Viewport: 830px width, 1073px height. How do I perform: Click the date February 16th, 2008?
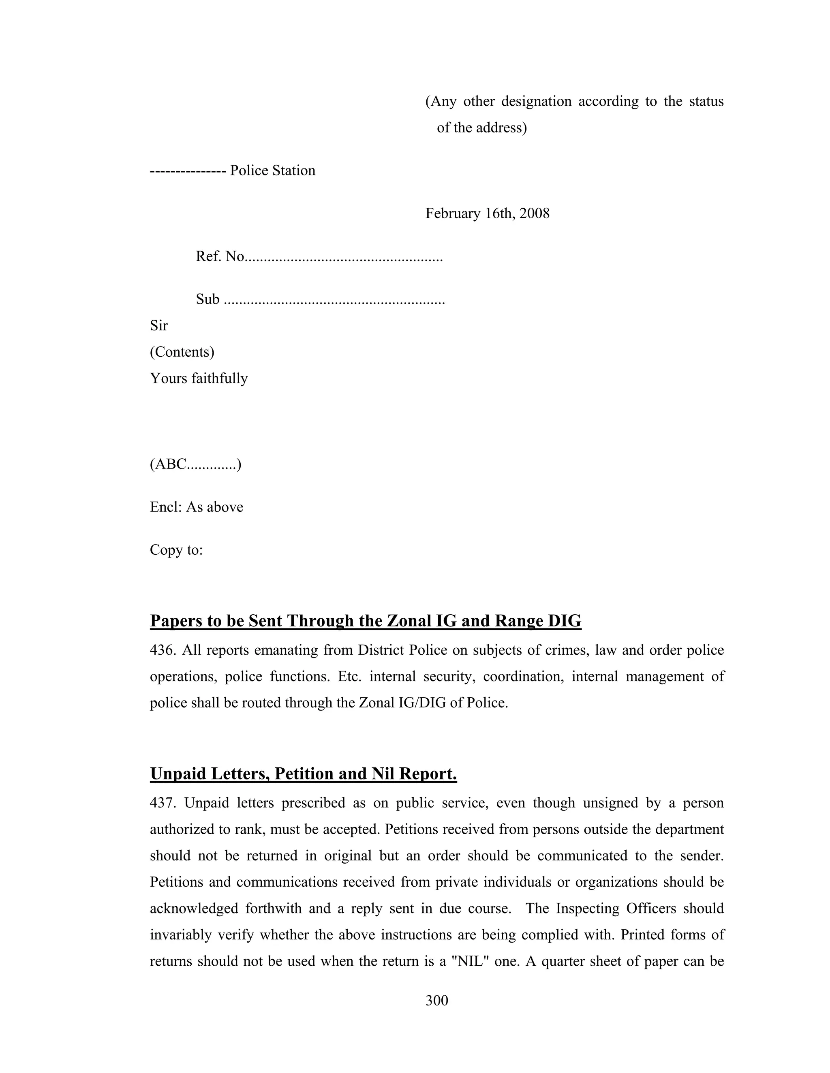coord(487,213)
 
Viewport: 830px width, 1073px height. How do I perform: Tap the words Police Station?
coord(272,170)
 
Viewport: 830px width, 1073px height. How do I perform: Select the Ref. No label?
coord(220,256)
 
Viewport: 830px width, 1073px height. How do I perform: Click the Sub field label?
coord(207,299)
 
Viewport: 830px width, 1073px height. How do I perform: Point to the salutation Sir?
coord(159,325)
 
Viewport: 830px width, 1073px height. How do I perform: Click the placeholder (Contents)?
coord(182,352)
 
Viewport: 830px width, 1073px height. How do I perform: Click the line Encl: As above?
coord(196,507)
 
